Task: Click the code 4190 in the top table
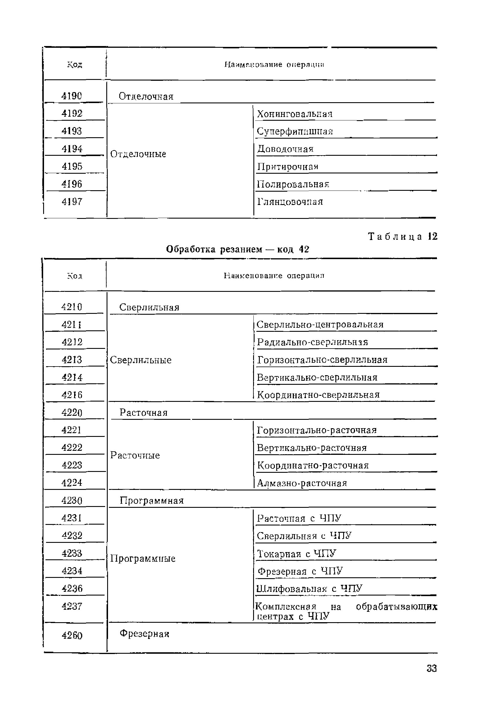click(x=72, y=96)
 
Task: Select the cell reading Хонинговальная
click(x=295, y=114)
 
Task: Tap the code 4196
click(x=72, y=184)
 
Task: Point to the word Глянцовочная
click(x=290, y=202)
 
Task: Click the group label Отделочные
click(x=138, y=154)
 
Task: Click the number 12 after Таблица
click(x=433, y=236)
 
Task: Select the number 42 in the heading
click(x=304, y=250)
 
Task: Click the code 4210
click(x=72, y=307)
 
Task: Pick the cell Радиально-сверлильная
click(x=312, y=342)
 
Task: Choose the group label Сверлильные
click(x=140, y=360)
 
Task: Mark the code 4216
click(x=72, y=395)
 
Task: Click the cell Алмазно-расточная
click(x=302, y=483)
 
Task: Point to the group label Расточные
click(x=135, y=455)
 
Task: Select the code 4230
click(x=72, y=501)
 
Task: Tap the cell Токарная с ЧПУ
click(x=296, y=554)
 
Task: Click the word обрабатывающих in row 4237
click(x=396, y=607)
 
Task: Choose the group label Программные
click(x=143, y=558)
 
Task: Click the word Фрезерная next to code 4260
click(x=144, y=634)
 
